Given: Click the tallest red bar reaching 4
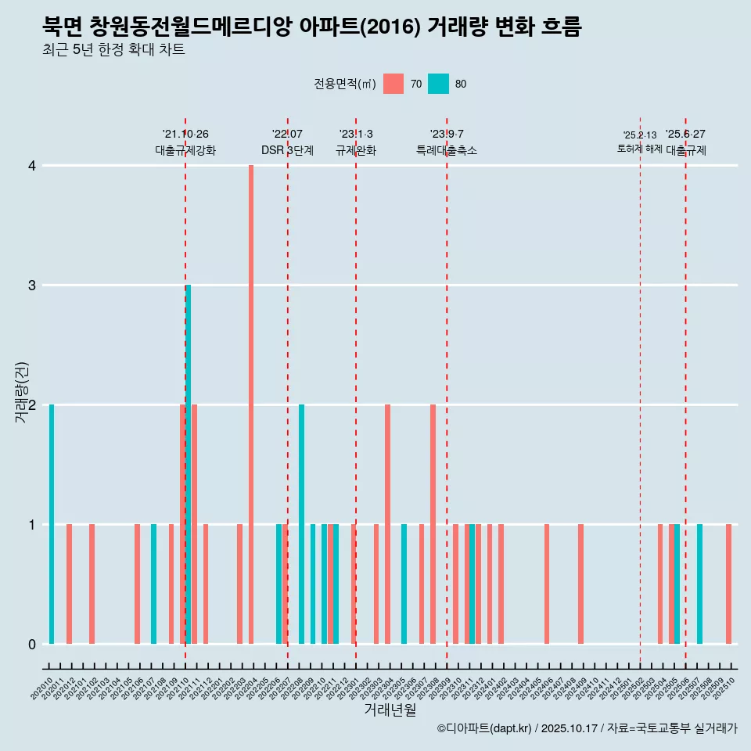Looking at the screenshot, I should (x=251, y=404).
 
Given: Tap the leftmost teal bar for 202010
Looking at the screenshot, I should (x=52, y=524).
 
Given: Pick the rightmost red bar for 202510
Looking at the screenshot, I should (x=728, y=584).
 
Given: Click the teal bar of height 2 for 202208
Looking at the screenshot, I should (x=302, y=524).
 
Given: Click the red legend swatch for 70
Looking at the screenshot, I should (x=393, y=84).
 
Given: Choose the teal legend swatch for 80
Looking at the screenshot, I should (x=438, y=84).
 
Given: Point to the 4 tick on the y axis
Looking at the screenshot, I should (x=32, y=166).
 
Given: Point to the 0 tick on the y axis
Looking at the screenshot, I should (x=32, y=644).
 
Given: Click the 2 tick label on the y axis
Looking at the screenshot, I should (x=32, y=405).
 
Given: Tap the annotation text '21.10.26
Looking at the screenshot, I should (x=185, y=135).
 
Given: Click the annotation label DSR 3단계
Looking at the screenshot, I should (x=287, y=150).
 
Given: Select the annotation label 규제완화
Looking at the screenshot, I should (x=356, y=150).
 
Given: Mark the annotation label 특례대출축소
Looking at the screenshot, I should (x=447, y=150).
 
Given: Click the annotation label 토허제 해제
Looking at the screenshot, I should (x=639, y=149).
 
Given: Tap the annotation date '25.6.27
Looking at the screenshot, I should (x=685, y=135).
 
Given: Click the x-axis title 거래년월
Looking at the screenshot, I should (x=390, y=710).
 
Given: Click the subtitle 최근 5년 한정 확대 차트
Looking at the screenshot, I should (x=113, y=50).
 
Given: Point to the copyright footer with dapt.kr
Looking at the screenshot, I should (x=587, y=728).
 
